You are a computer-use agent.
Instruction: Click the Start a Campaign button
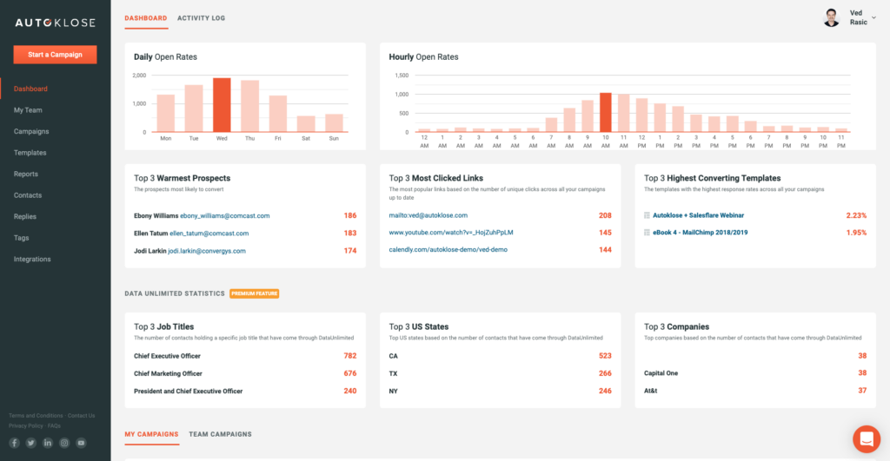click(x=55, y=55)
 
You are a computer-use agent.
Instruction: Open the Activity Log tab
click(x=201, y=17)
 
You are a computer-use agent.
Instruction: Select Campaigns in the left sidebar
click(x=31, y=131)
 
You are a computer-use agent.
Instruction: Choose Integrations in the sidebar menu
click(x=32, y=259)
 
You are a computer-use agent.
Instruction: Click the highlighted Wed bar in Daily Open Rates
click(x=222, y=105)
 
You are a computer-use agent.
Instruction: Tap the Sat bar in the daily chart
click(x=306, y=123)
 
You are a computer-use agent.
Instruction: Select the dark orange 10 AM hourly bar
click(x=606, y=112)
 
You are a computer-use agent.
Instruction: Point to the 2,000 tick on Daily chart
click(x=139, y=76)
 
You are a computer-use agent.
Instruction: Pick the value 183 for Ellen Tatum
click(x=349, y=233)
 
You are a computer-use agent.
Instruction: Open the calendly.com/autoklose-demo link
click(x=448, y=249)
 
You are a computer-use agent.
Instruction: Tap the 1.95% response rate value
click(x=855, y=233)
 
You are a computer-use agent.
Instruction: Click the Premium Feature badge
click(x=254, y=293)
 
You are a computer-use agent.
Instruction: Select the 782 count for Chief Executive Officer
click(x=349, y=356)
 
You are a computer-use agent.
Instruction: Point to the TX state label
click(x=394, y=373)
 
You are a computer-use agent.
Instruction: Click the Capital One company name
click(x=661, y=373)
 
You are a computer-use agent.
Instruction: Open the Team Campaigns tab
click(x=220, y=434)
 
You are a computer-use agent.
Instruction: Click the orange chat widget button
click(x=867, y=439)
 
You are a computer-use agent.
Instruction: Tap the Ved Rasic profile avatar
click(x=832, y=18)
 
